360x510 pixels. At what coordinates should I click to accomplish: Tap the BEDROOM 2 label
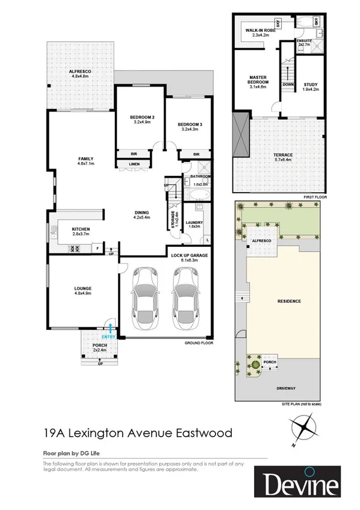point(143,117)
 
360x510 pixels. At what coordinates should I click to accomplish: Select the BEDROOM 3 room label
point(188,125)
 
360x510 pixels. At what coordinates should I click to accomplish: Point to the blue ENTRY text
point(108,337)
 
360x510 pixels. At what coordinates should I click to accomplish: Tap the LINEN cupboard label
point(134,164)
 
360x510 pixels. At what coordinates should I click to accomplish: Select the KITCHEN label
point(81,229)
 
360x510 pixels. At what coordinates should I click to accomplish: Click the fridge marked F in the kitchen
point(97,247)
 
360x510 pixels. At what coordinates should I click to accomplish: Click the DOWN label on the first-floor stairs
point(288,85)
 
